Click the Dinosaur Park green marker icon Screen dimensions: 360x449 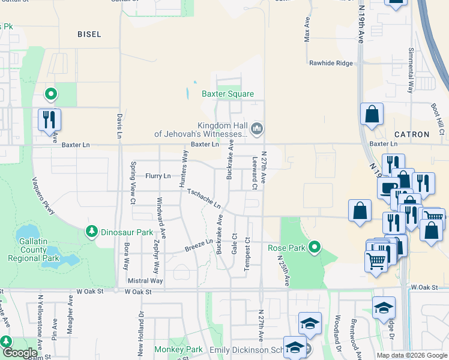coord(92,231)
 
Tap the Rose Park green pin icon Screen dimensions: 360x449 coord(314,247)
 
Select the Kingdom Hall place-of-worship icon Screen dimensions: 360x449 coord(257,128)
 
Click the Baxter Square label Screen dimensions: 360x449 coord(228,94)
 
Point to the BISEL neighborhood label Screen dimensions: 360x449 coord(89,34)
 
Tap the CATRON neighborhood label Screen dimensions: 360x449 coord(412,134)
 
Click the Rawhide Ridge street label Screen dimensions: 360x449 coord(331,62)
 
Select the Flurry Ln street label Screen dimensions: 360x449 coord(158,176)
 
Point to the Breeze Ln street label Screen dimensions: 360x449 coord(199,245)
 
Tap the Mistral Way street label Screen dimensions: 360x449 coord(145,280)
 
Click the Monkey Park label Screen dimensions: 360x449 coord(178,349)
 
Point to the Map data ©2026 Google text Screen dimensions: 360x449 coord(411,355)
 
